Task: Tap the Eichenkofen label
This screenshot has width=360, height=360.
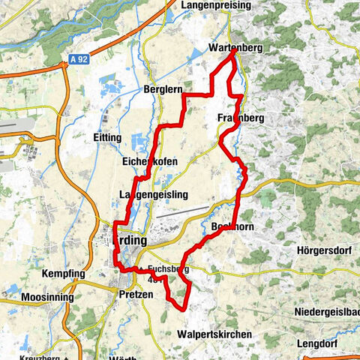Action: coord(148,161)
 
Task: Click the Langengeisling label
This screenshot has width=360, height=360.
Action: coord(153,195)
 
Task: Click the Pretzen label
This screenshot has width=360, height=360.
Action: coord(136,295)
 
